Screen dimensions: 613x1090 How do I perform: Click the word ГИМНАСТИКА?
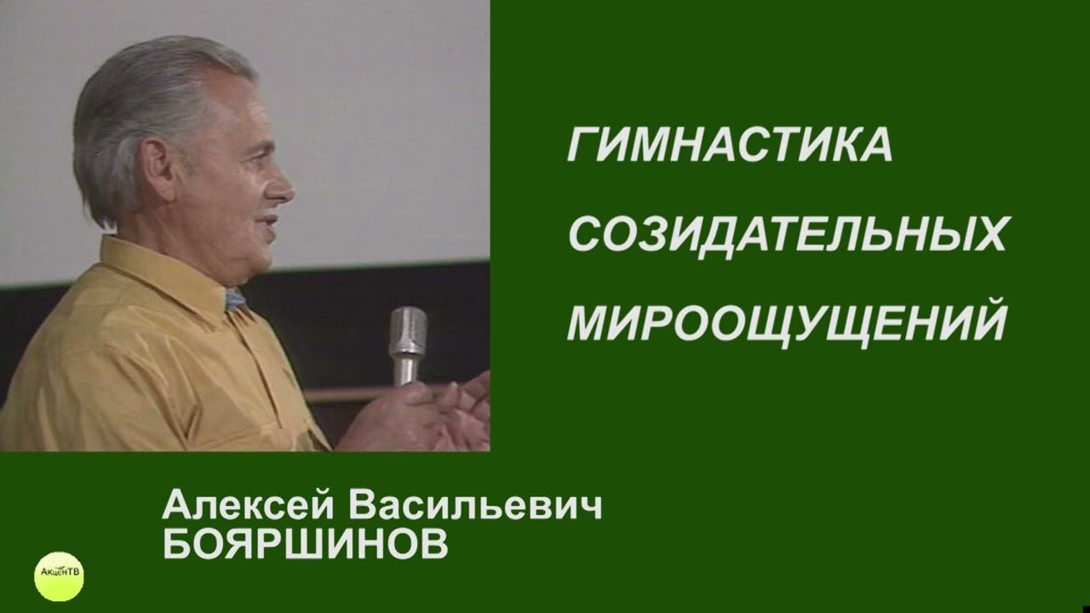730,146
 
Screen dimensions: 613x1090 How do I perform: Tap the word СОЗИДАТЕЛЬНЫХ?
788,234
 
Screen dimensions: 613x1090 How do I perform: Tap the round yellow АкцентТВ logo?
59,576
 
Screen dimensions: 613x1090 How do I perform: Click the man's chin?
261,255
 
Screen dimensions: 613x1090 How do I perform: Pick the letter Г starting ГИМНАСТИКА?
580,146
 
